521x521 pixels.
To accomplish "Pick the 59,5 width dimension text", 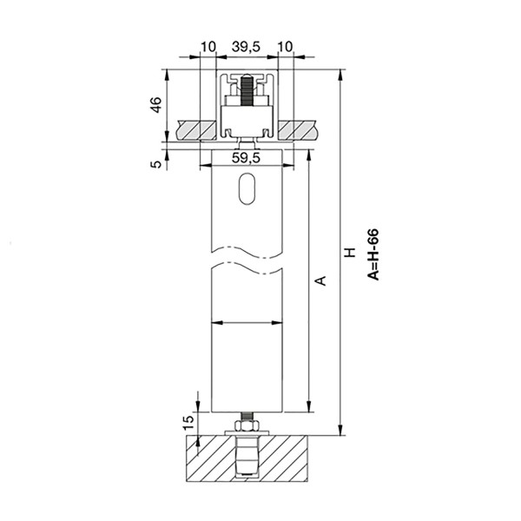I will pos(247,158).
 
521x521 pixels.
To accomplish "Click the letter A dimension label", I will pos(319,280).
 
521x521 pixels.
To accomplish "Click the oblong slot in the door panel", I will pos(247,190).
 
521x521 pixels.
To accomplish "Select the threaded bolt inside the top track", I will pos(247,91).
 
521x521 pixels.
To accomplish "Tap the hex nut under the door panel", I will pos(247,426).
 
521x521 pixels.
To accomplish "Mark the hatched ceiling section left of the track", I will pos(193,129).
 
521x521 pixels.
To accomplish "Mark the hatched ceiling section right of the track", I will pos(300,129).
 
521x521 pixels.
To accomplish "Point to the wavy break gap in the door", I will pos(247,260).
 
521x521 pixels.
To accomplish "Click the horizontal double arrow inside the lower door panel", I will pos(247,323).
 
